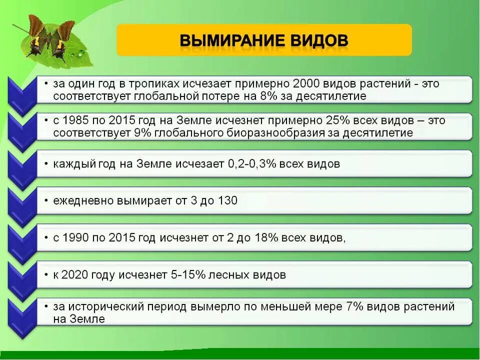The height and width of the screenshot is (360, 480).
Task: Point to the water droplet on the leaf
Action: click(80, 53)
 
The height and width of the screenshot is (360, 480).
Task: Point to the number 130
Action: click(227, 201)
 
